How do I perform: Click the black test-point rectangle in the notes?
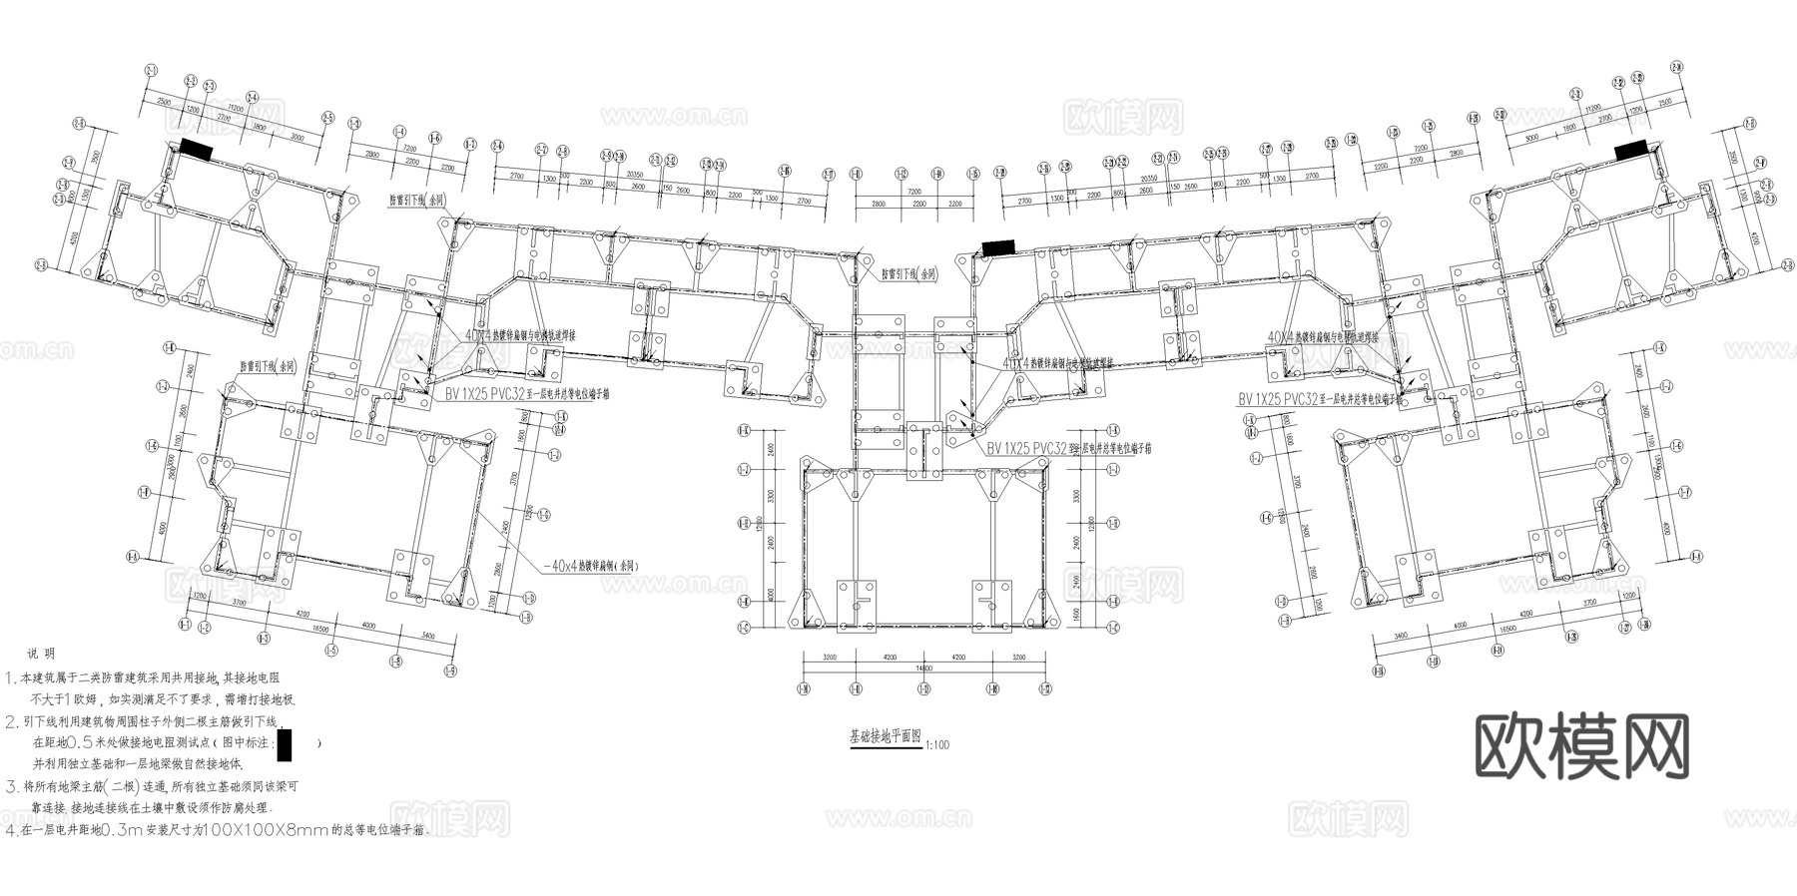click(x=286, y=743)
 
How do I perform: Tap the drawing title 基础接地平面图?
click(x=886, y=737)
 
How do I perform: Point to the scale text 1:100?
click(x=937, y=744)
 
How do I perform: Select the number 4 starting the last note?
click(x=11, y=830)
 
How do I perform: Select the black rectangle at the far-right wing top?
click(x=1630, y=150)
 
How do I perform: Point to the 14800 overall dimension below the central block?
click(x=923, y=669)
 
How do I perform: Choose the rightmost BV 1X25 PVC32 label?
click(x=1277, y=399)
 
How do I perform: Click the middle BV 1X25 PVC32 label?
click(x=1026, y=448)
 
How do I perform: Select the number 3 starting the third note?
click(x=11, y=786)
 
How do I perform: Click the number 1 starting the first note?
click(x=11, y=678)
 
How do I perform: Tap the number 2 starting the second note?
click(x=11, y=721)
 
